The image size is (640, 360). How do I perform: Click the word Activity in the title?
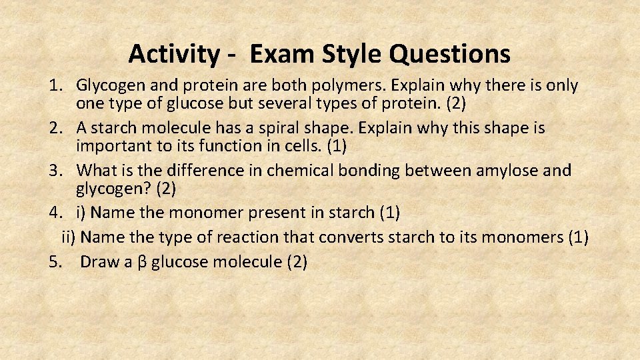(173, 53)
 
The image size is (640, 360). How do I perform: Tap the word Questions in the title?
(450, 53)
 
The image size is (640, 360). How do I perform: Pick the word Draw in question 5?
(99, 262)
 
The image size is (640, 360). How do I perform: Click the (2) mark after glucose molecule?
(297, 262)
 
